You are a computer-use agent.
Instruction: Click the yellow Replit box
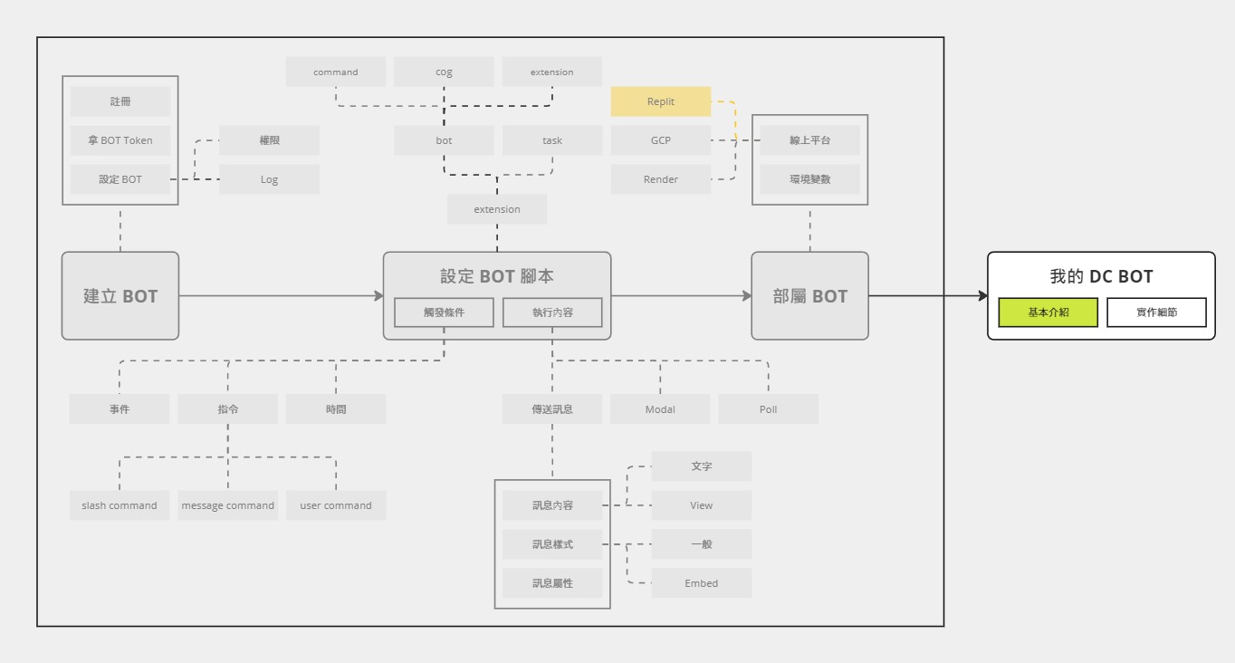660,101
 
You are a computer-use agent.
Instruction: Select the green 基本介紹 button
1048,312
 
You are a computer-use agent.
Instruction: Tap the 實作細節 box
1157,312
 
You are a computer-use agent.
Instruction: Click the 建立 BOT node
120,295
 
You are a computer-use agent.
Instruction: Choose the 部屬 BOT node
810,295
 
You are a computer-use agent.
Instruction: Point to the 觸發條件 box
444,312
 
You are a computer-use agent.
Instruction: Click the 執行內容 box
552,312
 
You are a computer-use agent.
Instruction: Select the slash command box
120,505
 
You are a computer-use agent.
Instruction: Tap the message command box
227,505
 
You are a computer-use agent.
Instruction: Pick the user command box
336,505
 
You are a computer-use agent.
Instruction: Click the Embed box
702,583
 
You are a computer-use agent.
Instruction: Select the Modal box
660,409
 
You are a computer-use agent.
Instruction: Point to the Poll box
768,409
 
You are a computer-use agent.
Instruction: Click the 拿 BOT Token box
120,140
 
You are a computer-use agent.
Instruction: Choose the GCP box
660,140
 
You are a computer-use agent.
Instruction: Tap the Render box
660,179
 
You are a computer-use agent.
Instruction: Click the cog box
444,72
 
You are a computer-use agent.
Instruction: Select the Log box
269,179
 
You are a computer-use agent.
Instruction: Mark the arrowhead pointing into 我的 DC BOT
983,295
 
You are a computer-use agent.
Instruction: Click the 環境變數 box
810,179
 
